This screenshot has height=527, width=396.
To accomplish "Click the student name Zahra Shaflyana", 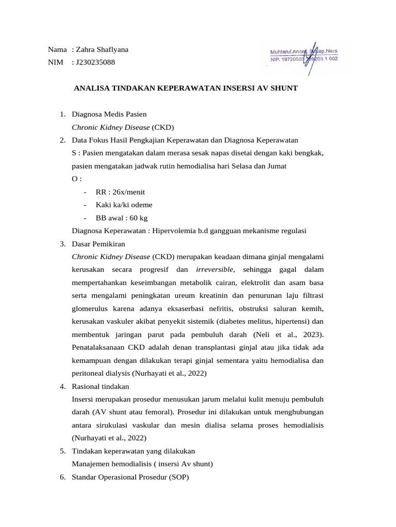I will pos(102,50).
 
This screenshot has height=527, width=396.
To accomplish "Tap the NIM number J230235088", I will pos(95,63).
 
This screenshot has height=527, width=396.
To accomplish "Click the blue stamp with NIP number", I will pos(304,56).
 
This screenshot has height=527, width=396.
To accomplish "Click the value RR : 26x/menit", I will pos(120,192).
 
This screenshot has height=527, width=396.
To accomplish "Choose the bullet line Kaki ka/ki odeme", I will pos(124,205).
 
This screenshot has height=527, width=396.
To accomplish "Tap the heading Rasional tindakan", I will pos(101,386).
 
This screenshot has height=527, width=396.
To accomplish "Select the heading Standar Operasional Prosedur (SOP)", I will pos(130,477).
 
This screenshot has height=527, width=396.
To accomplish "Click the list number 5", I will pos(62,451).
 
